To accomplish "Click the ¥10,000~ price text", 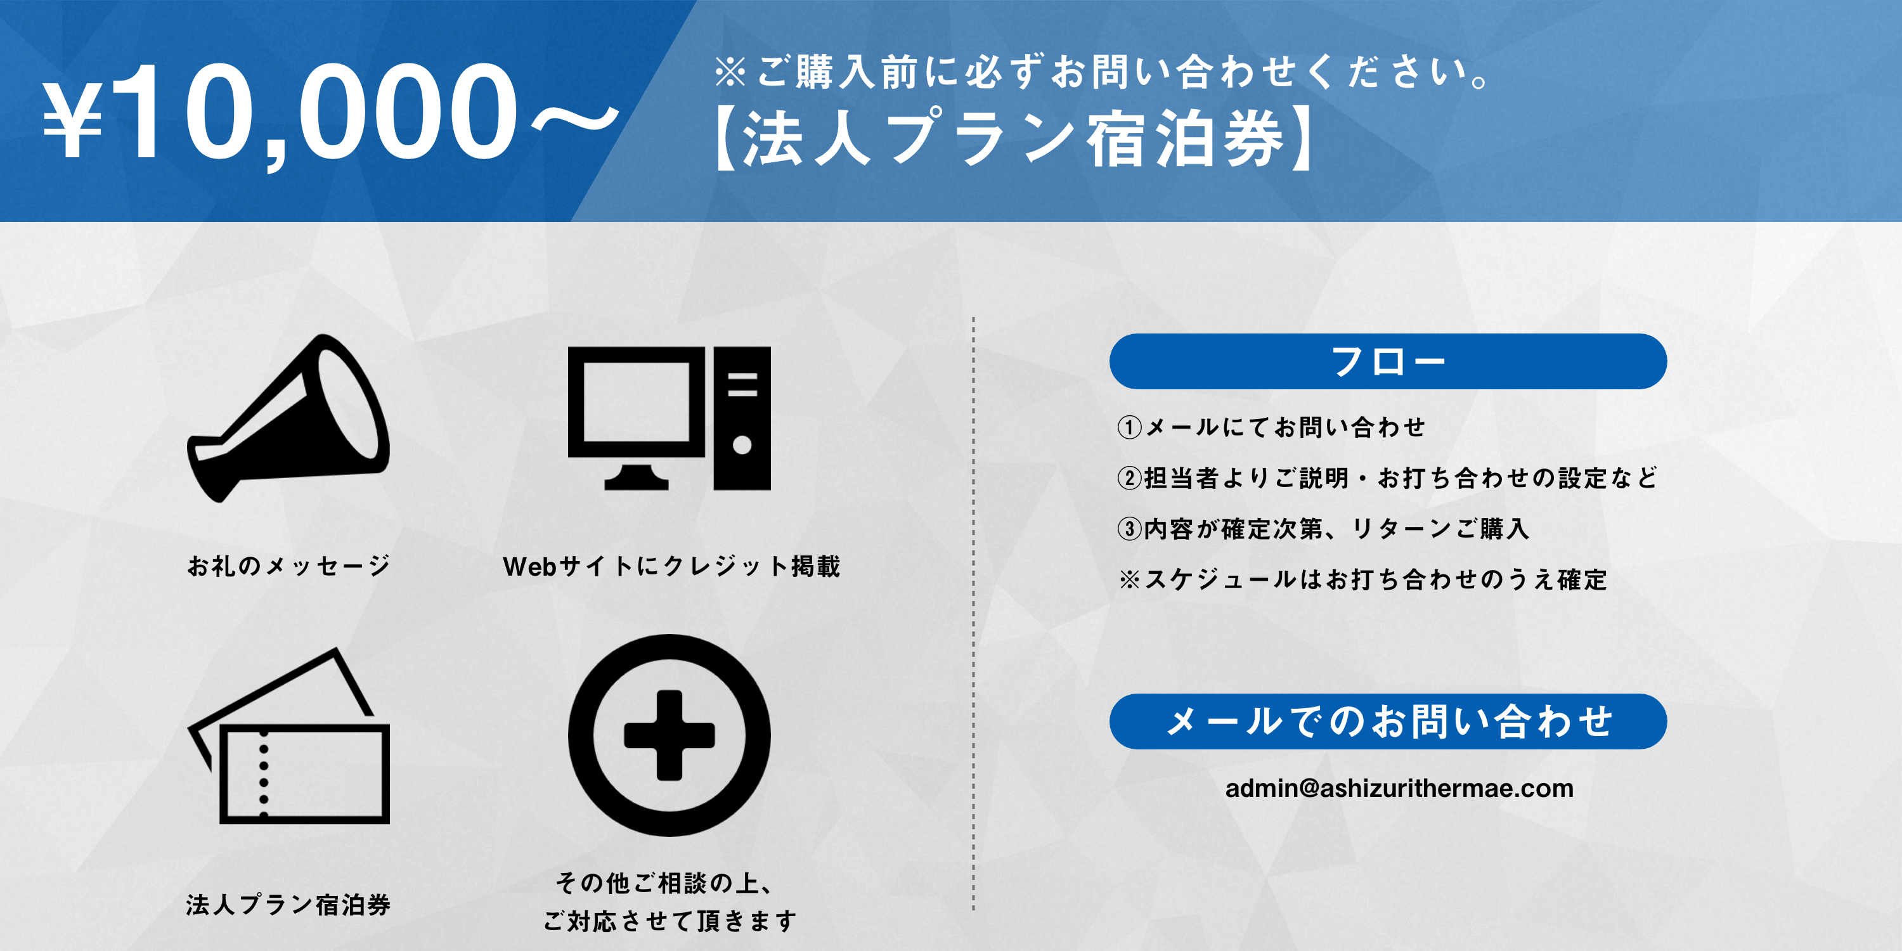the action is pos(330,112).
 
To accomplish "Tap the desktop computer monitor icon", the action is pos(636,418).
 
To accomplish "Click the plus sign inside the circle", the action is pos(669,735).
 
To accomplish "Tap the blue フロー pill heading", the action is pos(1387,361).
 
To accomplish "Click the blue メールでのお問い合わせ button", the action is pos(1387,721).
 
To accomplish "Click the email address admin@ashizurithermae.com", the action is pos(1399,789).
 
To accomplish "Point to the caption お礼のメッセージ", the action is pos(288,566).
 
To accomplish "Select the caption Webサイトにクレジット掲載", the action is pos(671,566).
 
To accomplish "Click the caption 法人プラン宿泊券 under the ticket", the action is pos(288,905).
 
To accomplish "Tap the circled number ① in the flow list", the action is pos(1130,427).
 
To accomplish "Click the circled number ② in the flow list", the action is pos(1130,477).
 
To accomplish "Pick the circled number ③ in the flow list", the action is pos(1130,529).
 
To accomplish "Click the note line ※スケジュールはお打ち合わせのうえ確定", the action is pos(1363,579).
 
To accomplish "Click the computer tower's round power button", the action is pos(742,445).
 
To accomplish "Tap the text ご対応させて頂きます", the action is pos(670,921).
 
